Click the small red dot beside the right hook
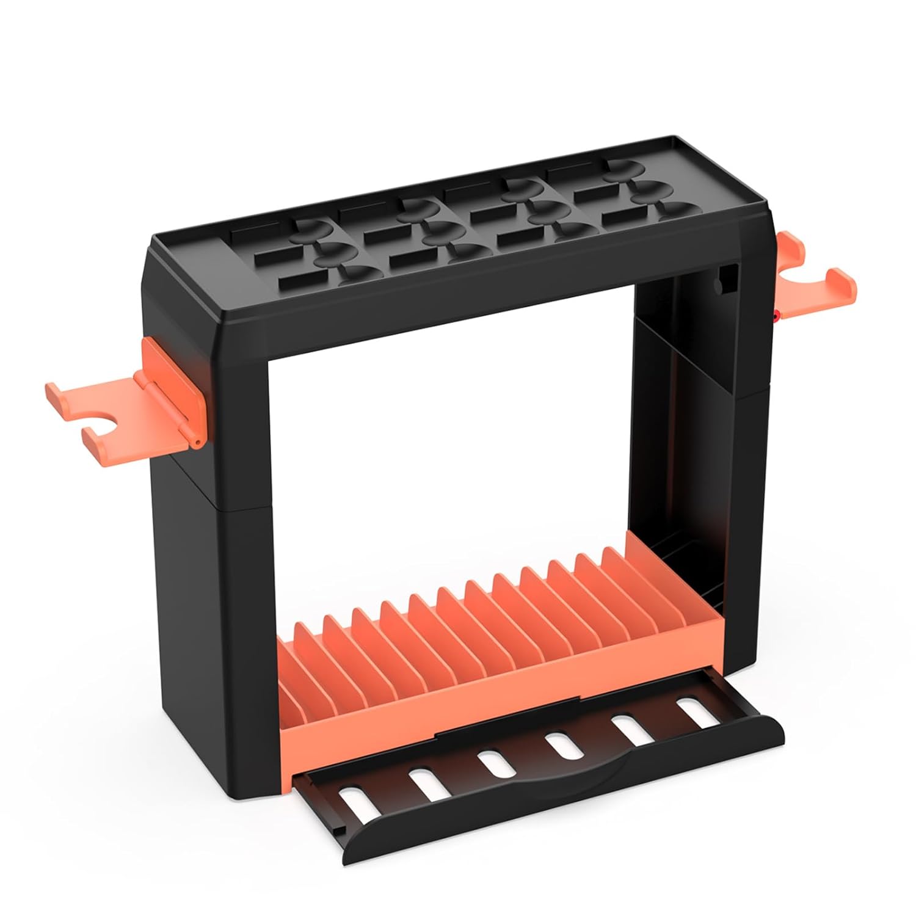tap(775, 316)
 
